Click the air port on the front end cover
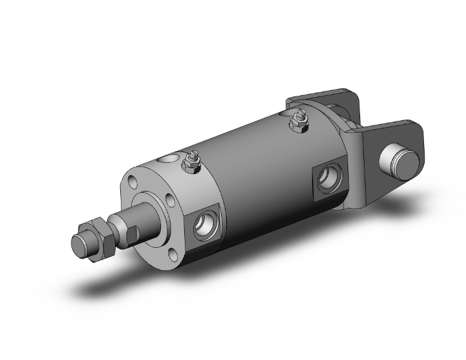(x=204, y=226)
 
